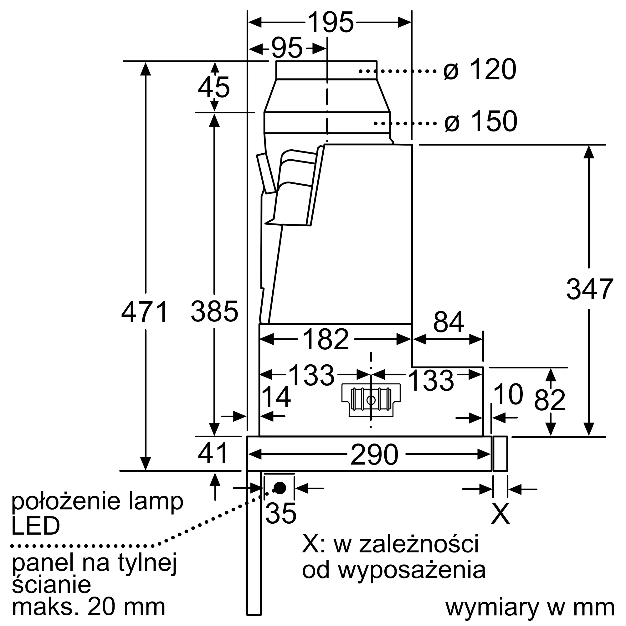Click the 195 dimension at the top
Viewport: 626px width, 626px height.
[331, 22]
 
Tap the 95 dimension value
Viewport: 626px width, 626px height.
[287, 48]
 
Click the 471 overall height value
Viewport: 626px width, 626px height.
[145, 312]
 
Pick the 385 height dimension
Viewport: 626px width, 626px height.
[214, 311]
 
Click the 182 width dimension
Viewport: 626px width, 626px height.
[326, 339]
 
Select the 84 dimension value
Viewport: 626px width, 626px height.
[449, 322]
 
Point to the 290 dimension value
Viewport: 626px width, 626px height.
[374, 454]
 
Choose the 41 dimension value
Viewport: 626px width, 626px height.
[213, 453]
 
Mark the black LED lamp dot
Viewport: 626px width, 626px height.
[280, 488]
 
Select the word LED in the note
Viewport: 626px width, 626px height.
[36, 526]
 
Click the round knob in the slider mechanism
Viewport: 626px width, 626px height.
[371, 401]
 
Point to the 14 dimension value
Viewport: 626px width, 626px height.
[276, 397]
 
